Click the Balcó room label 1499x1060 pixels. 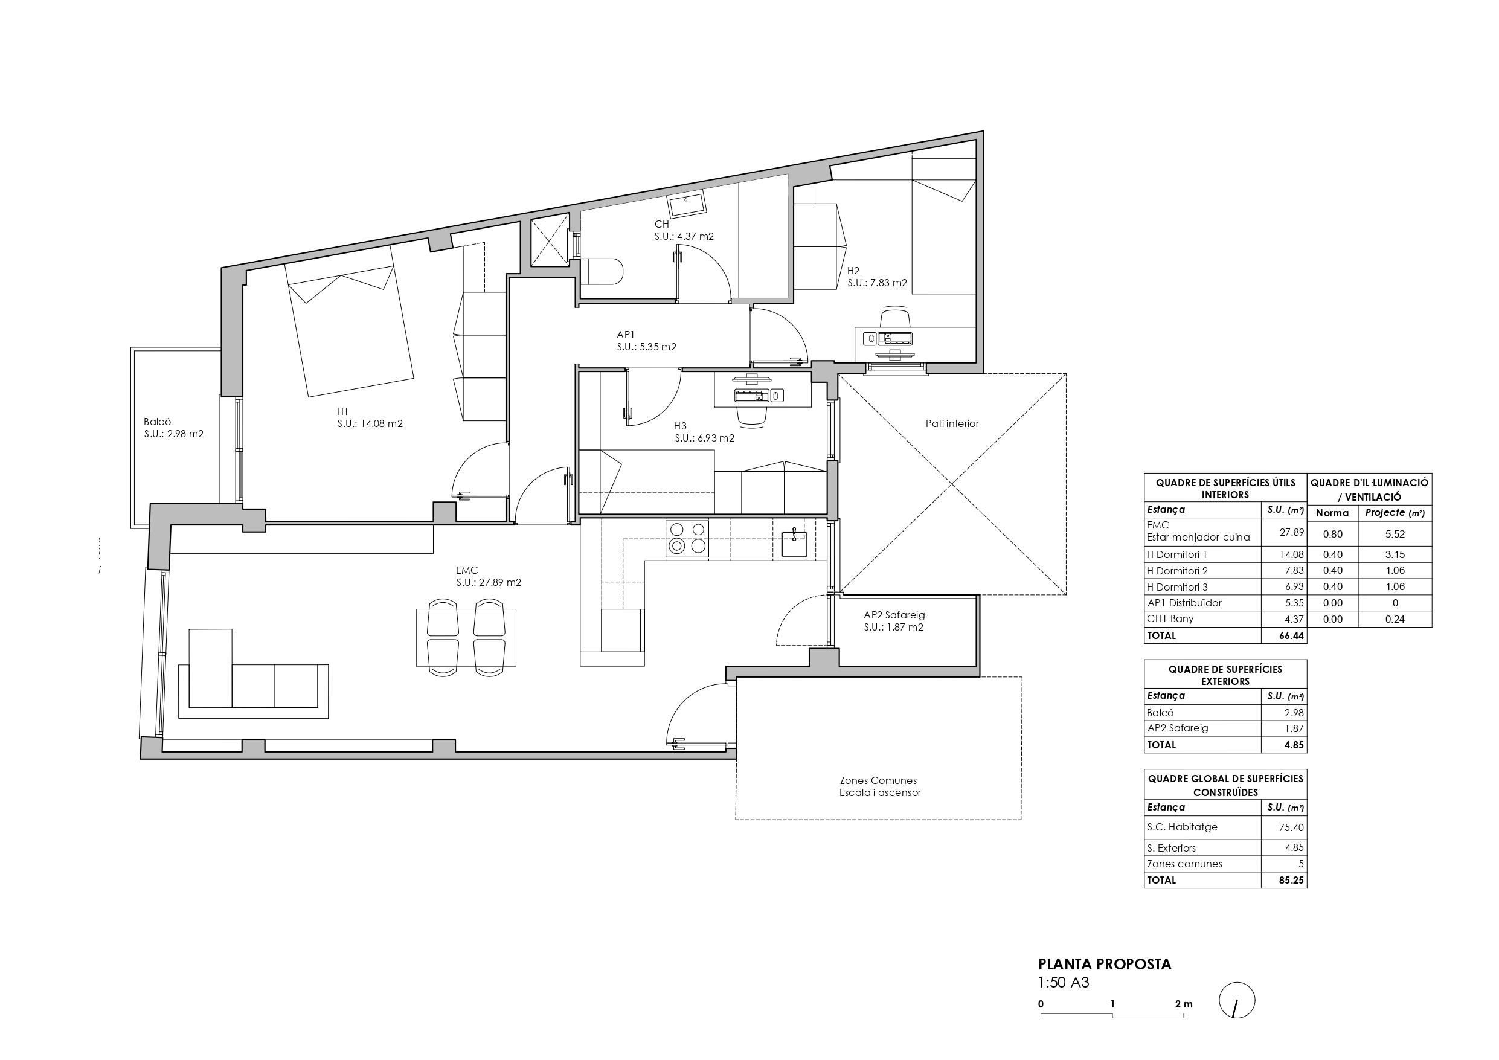(173, 428)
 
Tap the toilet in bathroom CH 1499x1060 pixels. (603, 272)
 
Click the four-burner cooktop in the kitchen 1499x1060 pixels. (687, 538)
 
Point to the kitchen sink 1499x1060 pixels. (794, 544)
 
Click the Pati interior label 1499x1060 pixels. (952, 424)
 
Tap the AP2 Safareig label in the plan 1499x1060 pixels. (894, 621)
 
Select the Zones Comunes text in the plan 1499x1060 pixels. (878, 780)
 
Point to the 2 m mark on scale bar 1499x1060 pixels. (1183, 1004)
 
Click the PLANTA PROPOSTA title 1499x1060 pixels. (1105, 964)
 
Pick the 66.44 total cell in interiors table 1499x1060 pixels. (1291, 635)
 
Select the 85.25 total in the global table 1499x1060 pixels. (1291, 880)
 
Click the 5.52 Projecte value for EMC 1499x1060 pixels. (1395, 533)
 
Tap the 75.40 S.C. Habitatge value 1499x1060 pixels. (1291, 827)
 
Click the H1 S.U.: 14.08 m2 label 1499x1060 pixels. (369, 417)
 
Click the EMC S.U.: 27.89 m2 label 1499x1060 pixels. (488, 577)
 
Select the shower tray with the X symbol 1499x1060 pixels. (550, 242)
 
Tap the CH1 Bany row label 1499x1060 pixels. (1170, 618)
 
